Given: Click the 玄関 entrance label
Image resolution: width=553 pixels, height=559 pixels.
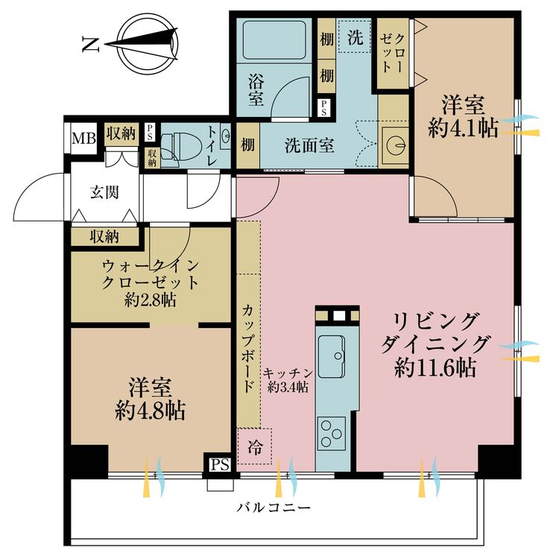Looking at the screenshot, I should coord(104,192).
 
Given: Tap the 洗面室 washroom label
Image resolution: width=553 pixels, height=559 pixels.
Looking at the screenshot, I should coord(309,145).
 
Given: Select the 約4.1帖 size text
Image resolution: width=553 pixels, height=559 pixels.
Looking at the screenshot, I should coord(464,128).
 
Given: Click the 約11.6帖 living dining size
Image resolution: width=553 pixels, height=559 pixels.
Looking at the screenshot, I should coord(436,367).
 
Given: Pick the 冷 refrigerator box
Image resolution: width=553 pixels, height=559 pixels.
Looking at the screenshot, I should coord(255,447).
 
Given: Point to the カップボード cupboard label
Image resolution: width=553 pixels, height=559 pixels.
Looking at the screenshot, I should coord(247,348).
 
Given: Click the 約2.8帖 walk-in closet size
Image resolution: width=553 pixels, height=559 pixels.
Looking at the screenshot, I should coord(151,301).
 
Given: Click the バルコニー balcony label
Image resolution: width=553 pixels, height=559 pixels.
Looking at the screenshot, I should coord(274,508).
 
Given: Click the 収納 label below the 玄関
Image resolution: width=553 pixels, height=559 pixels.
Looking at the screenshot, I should coord(104,237).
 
